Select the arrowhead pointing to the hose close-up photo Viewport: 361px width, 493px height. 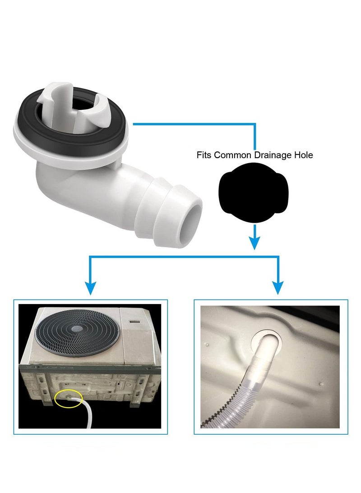click(x=278, y=288)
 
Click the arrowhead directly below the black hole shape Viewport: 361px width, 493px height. click(x=255, y=243)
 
